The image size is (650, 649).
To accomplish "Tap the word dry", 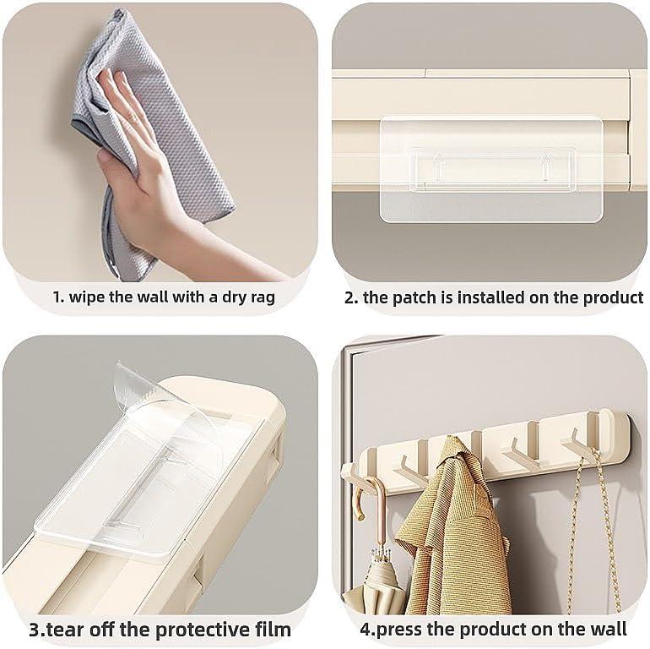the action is click(x=231, y=298).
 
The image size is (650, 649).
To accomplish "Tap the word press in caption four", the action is click(x=398, y=630).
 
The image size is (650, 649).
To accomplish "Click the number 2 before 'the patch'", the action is click(x=349, y=298).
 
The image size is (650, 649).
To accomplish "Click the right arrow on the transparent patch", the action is click(x=544, y=166).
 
